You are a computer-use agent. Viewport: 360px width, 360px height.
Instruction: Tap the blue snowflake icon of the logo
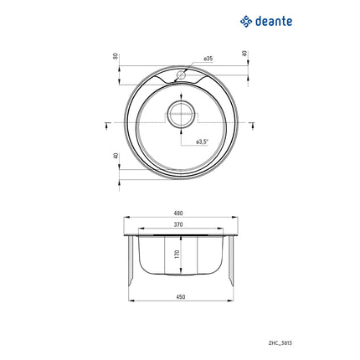(245, 21)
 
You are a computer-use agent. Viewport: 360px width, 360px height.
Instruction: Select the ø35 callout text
(208, 60)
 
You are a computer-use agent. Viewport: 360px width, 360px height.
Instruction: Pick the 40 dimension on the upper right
(244, 54)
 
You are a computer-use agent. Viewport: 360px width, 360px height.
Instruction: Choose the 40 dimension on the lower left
(116, 157)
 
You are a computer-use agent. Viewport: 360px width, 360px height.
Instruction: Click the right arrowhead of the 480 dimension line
(235, 219)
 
